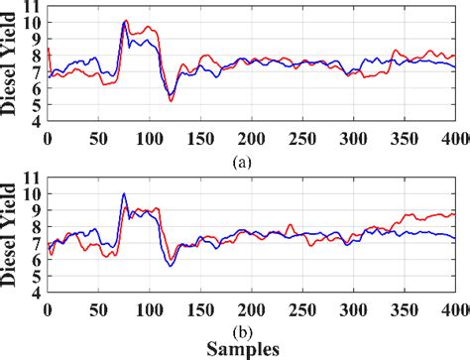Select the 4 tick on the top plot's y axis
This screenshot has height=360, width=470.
38,123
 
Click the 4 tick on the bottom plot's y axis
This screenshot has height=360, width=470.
38,295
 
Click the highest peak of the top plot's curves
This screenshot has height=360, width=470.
124,21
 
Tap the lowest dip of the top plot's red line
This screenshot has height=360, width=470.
170,101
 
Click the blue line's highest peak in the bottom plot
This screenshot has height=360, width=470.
124,194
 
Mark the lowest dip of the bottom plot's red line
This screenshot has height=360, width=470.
170,266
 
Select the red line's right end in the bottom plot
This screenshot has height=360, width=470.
455,213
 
